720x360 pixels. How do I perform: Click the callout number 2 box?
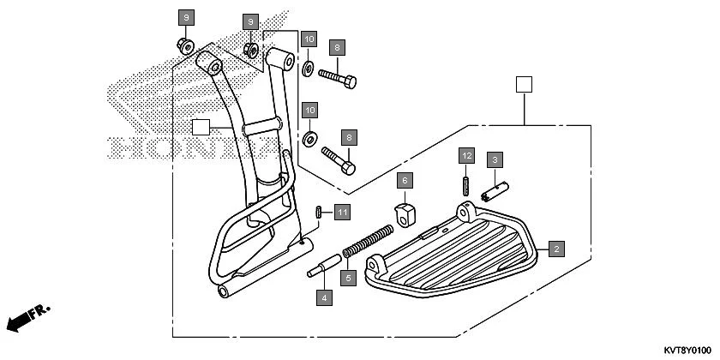[x=556, y=249]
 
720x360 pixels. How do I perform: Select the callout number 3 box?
[x=495, y=159]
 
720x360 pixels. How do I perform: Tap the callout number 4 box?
[x=323, y=298]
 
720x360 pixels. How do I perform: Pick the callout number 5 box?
[x=347, y=277]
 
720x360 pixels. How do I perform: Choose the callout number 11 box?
[x=342, y=212]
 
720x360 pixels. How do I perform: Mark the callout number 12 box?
[x=465, y=156]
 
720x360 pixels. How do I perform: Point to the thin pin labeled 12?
[x=465, y=185]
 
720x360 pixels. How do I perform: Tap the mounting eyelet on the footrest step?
[x=466, y=210]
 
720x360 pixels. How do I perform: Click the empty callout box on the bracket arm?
[x=201, y=128]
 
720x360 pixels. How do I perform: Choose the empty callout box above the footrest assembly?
[x=524, y=84]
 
